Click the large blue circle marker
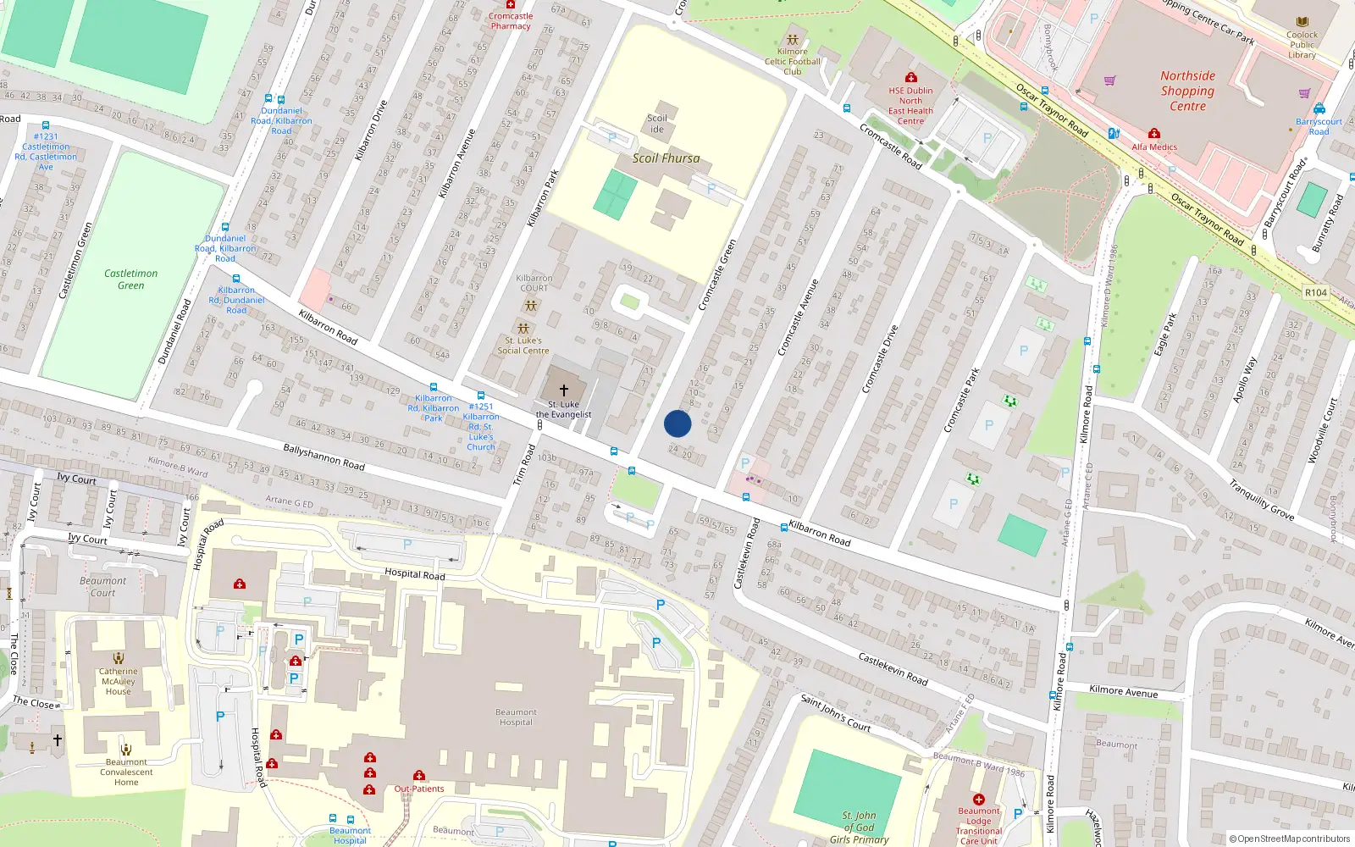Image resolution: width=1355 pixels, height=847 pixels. point(677,423)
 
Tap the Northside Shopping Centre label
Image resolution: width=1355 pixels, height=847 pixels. point(1187,91)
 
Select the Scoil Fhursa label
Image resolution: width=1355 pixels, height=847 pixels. point(666,158)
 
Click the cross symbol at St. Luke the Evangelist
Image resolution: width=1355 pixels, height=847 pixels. point(564,390)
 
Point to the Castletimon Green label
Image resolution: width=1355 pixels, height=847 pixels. point(130,280)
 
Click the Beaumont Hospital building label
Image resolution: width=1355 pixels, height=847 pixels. point(516,717)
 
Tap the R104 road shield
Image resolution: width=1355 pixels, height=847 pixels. point(1315,292)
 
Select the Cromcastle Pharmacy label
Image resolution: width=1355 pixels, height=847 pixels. point(511,21)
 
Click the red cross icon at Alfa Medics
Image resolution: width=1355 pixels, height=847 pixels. point(1153,134)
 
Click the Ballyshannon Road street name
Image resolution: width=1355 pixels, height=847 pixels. point(324,457)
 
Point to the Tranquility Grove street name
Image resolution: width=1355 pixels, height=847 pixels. point(1261,501)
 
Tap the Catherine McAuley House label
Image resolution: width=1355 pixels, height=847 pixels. point(119,681)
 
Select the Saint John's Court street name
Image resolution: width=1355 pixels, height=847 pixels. point(835,713)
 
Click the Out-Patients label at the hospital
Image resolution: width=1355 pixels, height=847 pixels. point(418,789)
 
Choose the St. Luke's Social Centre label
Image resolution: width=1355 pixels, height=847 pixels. point(523,346)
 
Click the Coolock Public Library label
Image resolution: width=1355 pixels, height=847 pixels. point(1302,45)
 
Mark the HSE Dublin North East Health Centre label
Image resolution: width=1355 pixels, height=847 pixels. point(910,106)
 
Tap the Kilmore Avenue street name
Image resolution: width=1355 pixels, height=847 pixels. point(1123,692)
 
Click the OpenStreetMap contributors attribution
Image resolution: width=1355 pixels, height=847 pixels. point(1289,839)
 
